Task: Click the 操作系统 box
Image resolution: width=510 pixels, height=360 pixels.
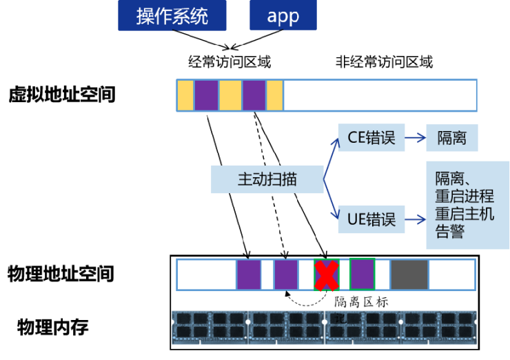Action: [172, 15]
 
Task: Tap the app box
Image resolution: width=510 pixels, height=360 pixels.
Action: [283, 15]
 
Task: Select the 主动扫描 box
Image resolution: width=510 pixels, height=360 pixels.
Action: [267, 180]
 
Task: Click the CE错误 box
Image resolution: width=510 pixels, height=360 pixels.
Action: [371, 138]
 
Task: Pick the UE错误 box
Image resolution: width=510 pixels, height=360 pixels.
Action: [371, 220]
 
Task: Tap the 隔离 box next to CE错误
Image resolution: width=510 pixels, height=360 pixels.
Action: [451, 138]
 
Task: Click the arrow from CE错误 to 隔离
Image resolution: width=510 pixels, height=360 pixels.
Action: [414, 138]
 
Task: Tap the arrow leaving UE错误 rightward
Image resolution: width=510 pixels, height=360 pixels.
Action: [414, 220]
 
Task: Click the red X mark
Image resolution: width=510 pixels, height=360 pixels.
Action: [326, 274]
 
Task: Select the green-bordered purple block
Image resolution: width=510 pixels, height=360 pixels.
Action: [362, 274]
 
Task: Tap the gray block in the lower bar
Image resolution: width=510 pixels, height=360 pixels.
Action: [409, 275]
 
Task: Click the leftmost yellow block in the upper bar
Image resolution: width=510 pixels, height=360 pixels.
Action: [185, 95]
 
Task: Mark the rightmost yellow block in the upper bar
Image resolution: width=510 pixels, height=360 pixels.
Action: [274, 95]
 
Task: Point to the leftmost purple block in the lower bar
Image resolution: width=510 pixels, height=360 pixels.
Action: [249, 275]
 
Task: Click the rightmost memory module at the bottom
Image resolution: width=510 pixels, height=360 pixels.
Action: [438, 327]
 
